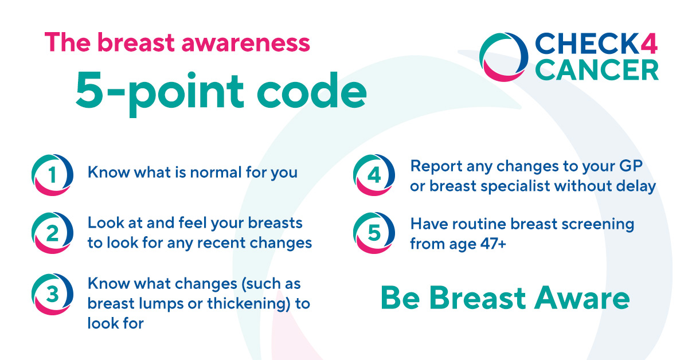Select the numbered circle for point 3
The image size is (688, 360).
click(x=52, y=294)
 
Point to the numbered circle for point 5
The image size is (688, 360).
click(x=374, y=233)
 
